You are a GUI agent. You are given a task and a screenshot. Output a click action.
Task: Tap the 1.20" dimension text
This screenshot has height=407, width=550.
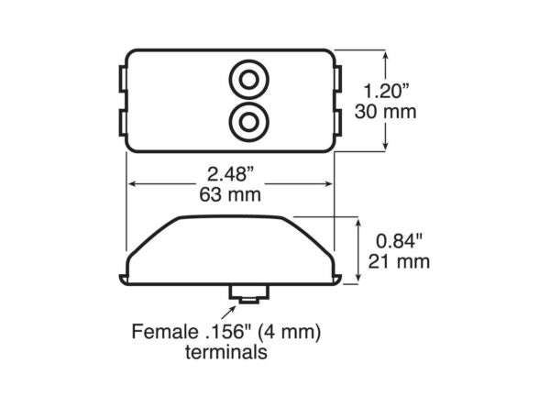[x=387, y=92]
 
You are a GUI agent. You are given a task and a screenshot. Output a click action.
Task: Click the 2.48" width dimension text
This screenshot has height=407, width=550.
[x=231, y=174]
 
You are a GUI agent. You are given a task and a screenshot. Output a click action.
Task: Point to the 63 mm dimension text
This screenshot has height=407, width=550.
[x=231, y=194]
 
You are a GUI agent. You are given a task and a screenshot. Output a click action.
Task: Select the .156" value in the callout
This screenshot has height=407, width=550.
[x=221, y=330]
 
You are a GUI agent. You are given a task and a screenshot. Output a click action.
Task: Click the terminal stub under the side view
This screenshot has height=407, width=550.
[x=247, y=293]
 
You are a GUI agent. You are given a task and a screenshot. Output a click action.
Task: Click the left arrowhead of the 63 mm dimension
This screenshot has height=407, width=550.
[x=131, y=184]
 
